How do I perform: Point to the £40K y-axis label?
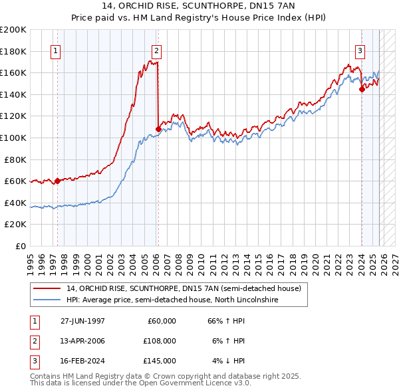[x=15, y=203]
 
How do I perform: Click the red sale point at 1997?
[x=57, y=181]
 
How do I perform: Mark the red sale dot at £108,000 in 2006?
[x=158, y=129]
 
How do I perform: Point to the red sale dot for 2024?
[x=361, y=89]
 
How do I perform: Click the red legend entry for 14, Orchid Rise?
[x=184, y=288]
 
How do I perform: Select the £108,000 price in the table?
[x=159, y=341]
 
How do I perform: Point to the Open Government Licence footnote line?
[x=141, y=383]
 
